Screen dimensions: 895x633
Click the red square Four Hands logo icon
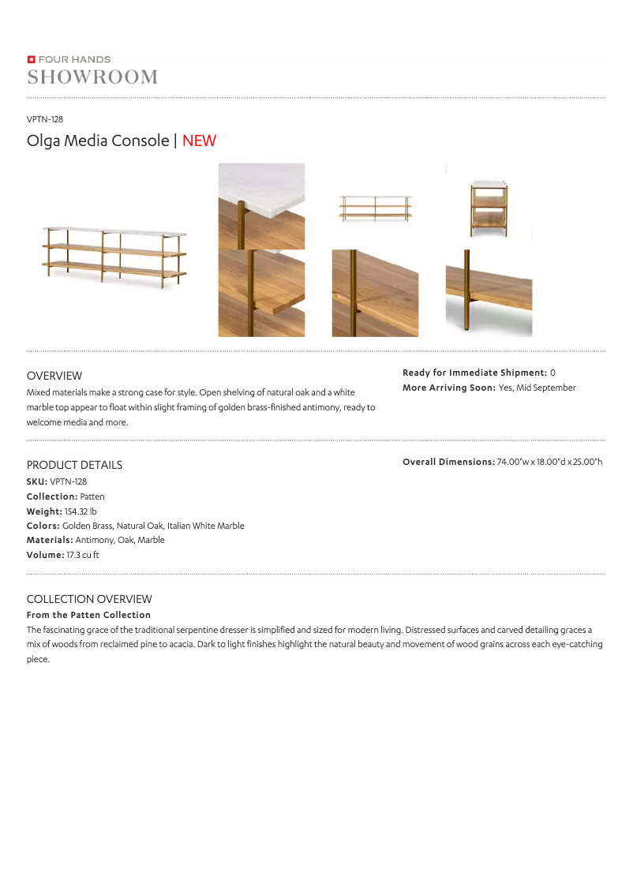coord(31,59)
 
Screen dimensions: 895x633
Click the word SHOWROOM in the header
coord(92,77)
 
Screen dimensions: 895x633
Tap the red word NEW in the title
coord(199,140)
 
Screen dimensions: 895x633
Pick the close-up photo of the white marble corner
coord(261,206)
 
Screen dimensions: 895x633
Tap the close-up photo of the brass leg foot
coord(489,293)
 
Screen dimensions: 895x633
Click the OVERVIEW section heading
coord(54,376)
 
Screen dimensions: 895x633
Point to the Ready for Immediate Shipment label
coord(474,373)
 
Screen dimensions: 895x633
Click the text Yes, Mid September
coord(537,388)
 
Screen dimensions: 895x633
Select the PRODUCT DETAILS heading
coord(74,465)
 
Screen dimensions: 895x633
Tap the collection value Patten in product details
coord(92,496)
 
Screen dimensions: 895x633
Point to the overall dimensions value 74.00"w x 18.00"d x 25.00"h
coord(549,462)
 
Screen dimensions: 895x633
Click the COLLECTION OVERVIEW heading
coord(89,599)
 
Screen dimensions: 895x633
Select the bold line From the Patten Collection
coord(88,615)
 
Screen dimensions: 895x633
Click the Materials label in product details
coord(50,541)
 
